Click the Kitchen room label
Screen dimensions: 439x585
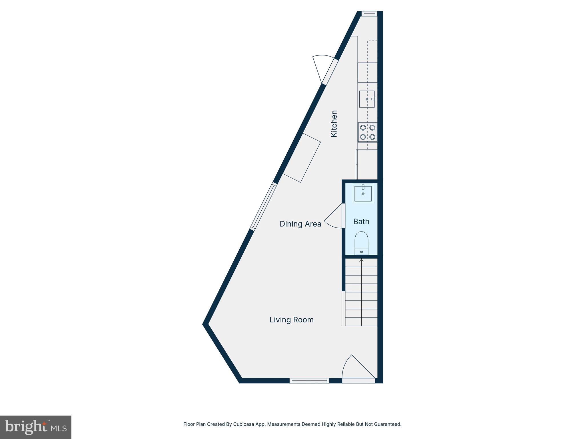pos(334,123)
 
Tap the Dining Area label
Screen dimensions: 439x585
pos(300,224)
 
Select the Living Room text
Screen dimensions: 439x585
pos(291,320)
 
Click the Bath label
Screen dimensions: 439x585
pos(361,222)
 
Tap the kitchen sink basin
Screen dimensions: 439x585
pos(366,99)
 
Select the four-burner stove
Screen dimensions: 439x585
pos(367,132)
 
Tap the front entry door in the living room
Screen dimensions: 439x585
pos(358,370)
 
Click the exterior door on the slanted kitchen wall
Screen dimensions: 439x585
pos(326,69)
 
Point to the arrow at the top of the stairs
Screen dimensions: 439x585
pos(361,260)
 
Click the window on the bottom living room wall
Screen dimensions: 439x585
pos(309,380)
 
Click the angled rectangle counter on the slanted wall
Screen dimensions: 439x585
pos(302,158)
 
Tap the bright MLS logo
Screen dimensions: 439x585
pos(36,427)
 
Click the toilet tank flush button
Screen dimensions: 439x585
pos(361,252)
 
